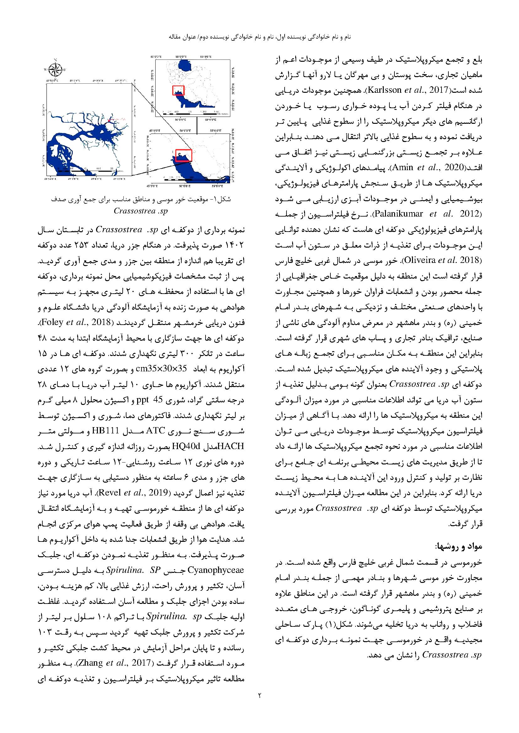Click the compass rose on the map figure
56,69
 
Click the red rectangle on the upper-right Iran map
178,90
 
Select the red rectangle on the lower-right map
184,155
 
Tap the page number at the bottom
259,695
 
